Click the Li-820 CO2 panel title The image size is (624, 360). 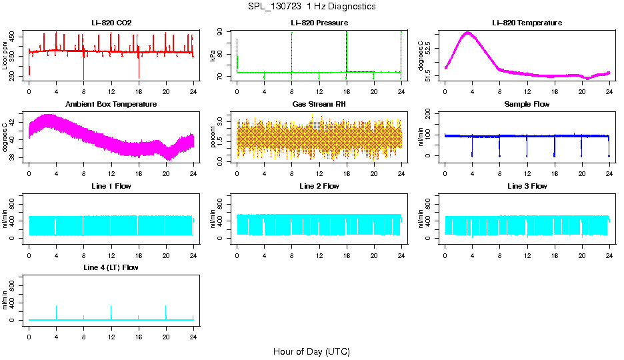[111, 23]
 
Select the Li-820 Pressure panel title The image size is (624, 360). [319, 23]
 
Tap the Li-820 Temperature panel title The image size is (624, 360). [527, 23]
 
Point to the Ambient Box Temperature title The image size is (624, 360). [111, 104]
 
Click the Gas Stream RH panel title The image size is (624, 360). [319, 104]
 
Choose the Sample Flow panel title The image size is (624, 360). [527, 104]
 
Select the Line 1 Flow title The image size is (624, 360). [111, 186]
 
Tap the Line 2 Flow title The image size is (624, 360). [319, 186]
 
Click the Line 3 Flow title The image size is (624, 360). [527, 186]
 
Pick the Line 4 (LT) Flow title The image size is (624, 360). [111, 267]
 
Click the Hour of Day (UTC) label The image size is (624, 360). [311, 351]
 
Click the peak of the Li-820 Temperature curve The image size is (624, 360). [467, 32]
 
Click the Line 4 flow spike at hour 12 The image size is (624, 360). [111, 307]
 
